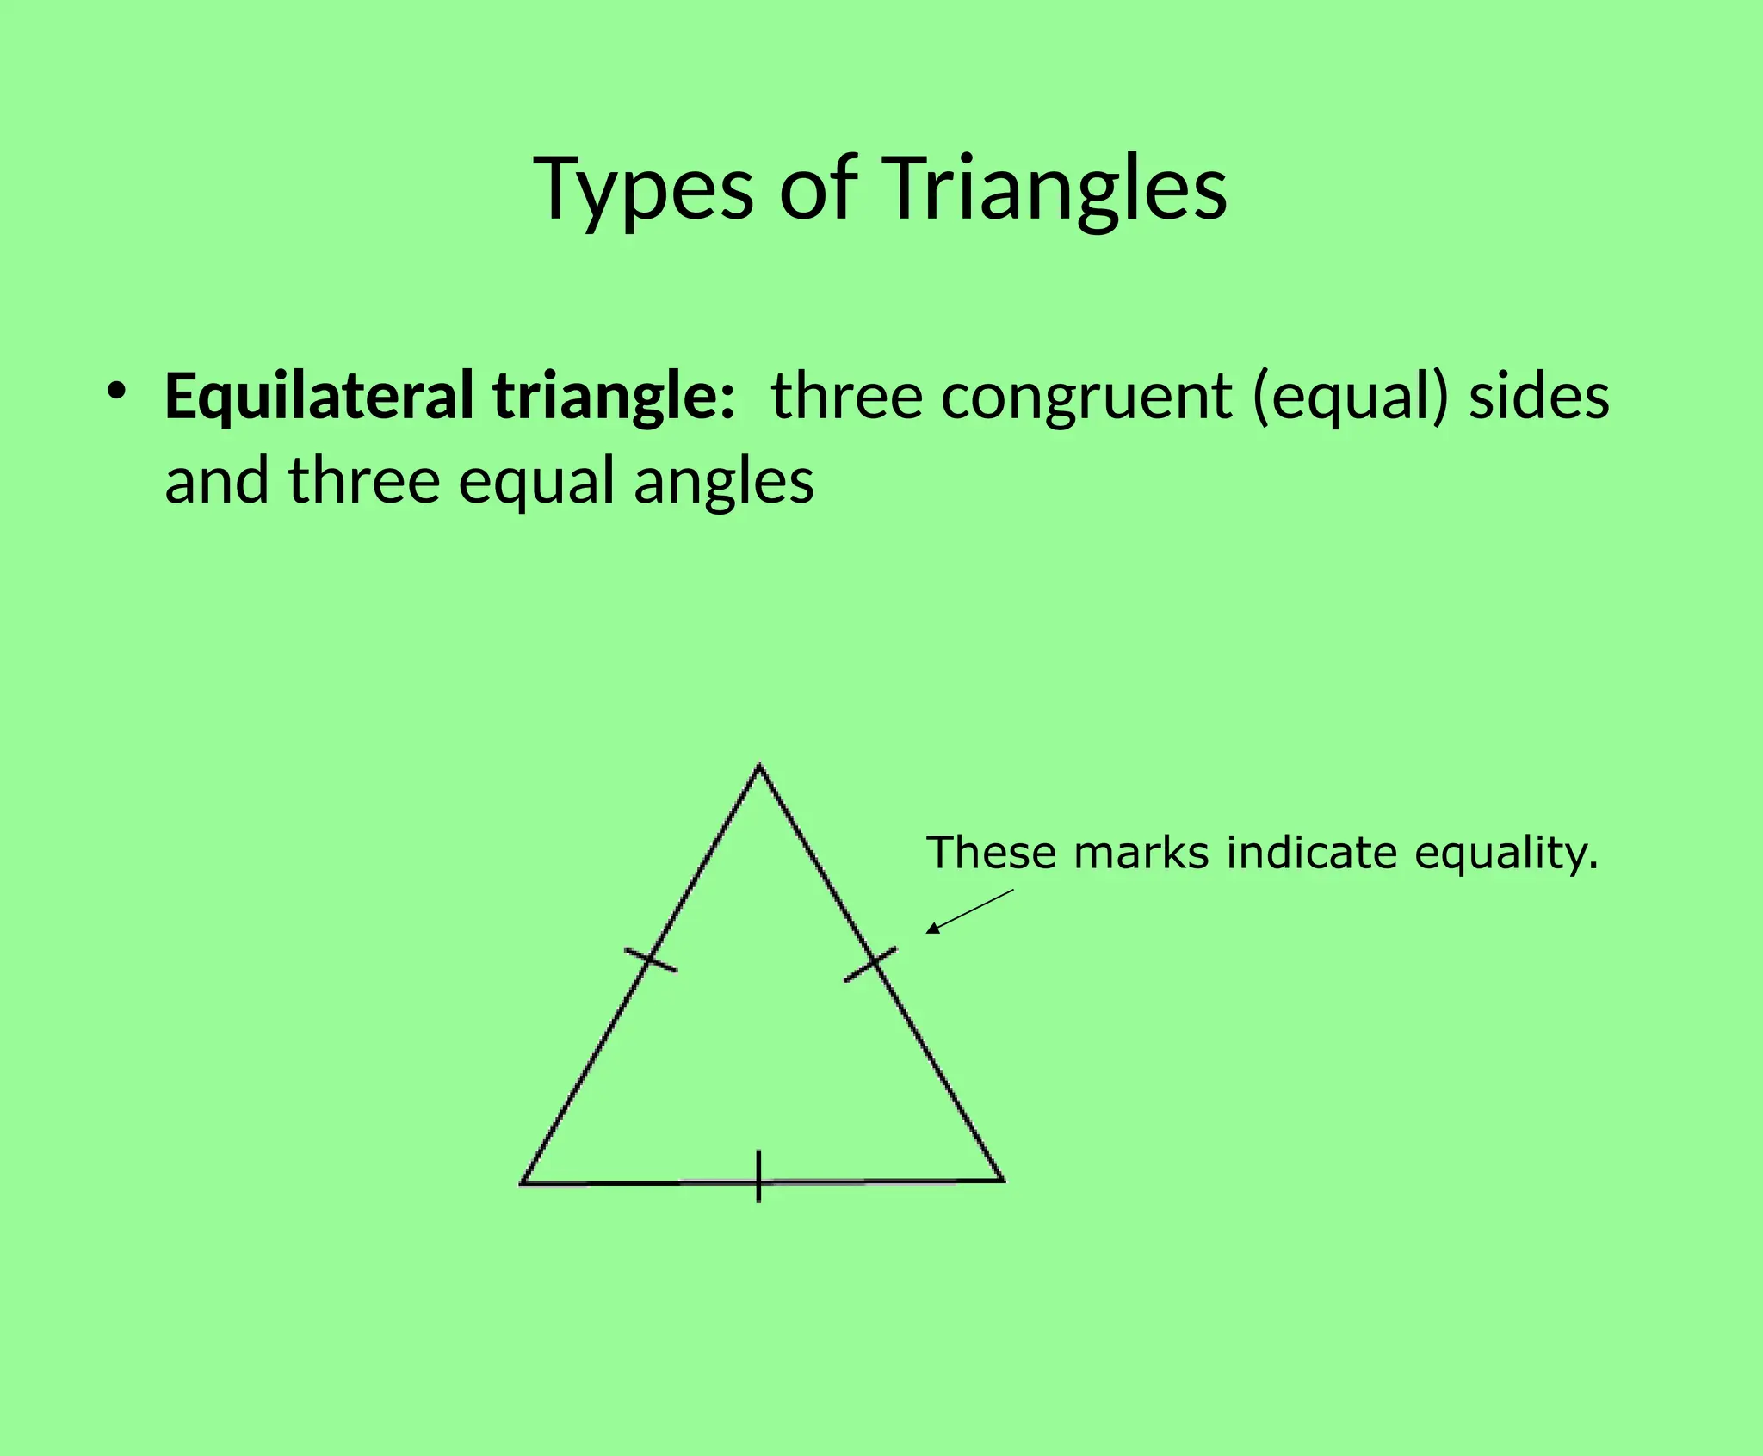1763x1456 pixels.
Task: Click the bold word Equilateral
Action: click(319, 396)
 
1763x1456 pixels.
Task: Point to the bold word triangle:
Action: click(614, 396)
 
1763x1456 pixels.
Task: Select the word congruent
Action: click(1086, 398)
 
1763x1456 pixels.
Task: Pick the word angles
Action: click(724, 482)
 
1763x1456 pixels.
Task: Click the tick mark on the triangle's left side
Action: click(651, 959)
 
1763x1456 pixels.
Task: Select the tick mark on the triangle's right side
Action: click(871, 964)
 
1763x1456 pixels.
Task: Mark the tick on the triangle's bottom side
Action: click(758, 1175)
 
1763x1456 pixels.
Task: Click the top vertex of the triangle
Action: click(759, 765)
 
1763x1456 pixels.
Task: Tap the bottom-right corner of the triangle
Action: click(1002, 1180)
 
